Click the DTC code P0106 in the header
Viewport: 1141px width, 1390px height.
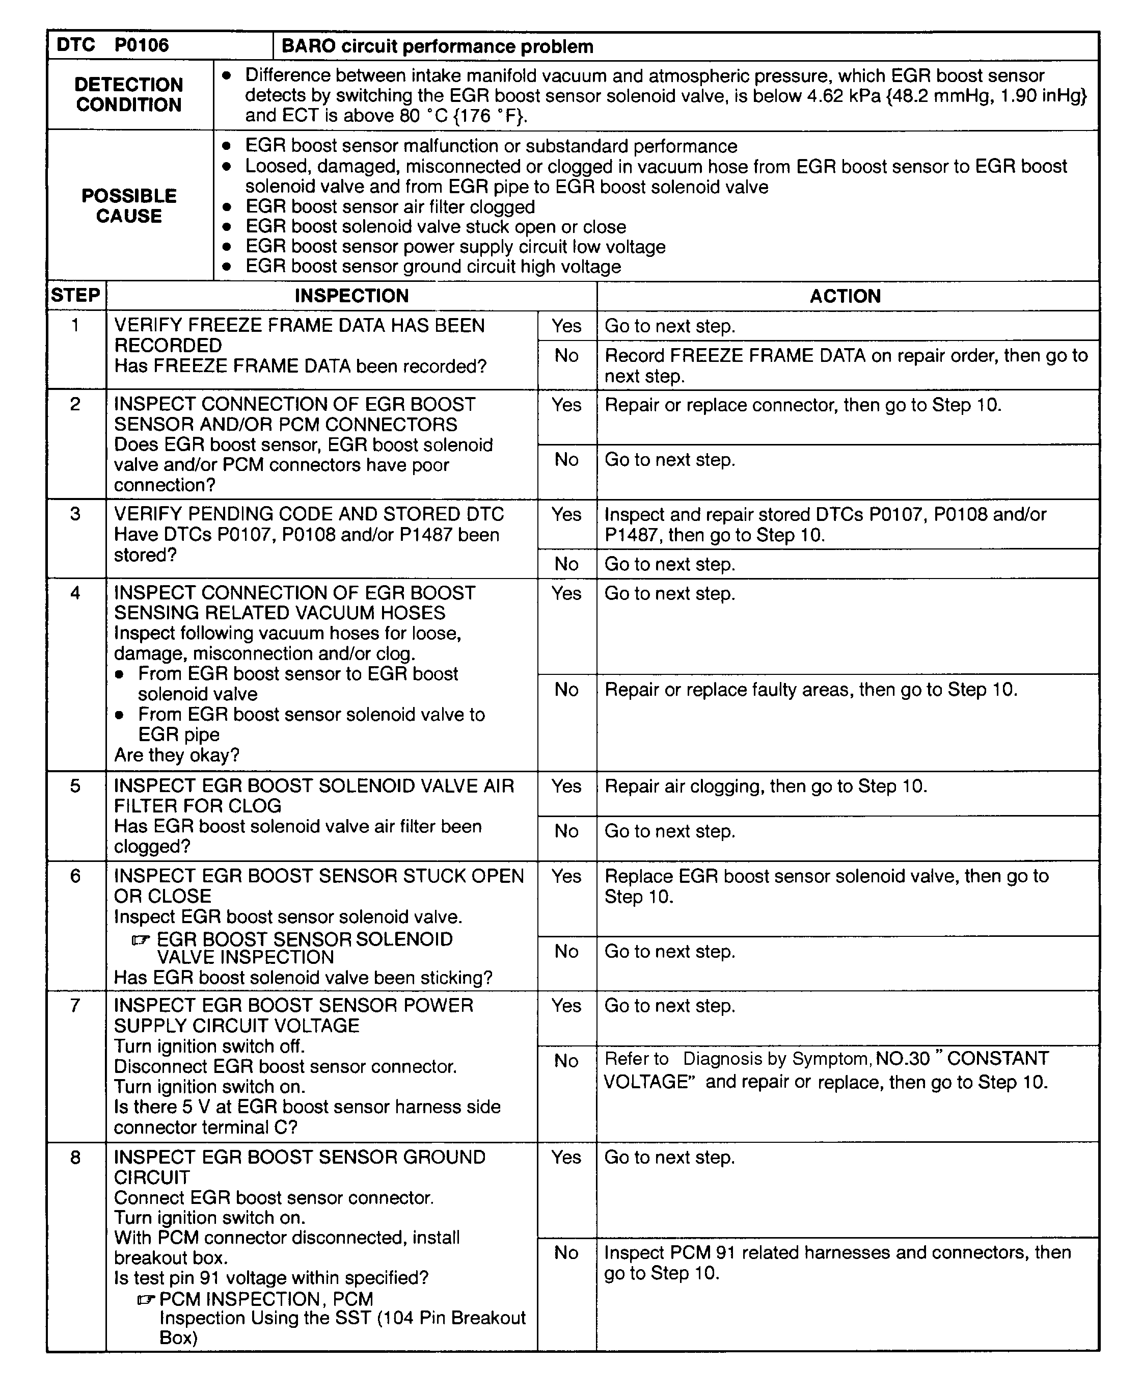141,45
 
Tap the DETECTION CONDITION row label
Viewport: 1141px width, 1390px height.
129,95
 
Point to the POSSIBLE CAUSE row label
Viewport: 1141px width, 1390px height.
129,206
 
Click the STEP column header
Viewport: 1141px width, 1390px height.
75,296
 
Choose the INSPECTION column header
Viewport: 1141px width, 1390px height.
351,296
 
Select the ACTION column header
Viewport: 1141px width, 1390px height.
845,296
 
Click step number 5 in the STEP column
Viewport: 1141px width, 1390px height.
75,786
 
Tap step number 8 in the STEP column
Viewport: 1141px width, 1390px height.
75,1157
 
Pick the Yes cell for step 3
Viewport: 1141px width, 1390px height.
566,514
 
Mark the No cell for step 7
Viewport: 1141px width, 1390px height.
566,1061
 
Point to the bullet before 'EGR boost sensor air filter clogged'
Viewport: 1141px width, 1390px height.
227,207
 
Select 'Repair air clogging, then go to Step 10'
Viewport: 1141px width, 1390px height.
765,786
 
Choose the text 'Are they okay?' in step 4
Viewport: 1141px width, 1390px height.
176,755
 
